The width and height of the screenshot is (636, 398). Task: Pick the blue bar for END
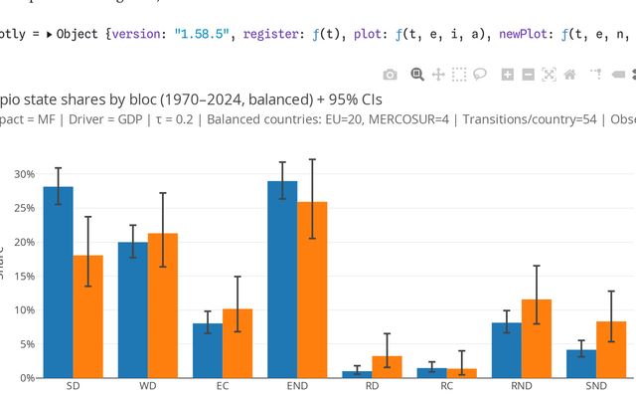(282, 280)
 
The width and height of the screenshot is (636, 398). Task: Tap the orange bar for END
(312, 290)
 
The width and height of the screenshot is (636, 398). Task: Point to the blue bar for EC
(208, 350)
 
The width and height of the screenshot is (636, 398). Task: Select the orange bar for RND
(536, 338)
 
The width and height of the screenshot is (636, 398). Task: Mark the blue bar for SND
(580, 363)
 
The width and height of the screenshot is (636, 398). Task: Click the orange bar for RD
(387, 366)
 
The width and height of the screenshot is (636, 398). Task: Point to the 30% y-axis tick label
(23, 174)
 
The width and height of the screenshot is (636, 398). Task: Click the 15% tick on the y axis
(23, 277)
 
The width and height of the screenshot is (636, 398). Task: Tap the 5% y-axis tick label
(26, 344)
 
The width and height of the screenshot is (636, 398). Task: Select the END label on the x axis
(297, 386)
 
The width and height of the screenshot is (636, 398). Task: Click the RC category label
(446, 386)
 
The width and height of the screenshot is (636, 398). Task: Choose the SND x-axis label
(596, 386)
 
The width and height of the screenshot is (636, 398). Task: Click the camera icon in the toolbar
(391, 74)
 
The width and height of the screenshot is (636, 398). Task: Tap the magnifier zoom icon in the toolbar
(417, 74)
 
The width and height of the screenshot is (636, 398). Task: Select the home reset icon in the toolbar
(569, 74)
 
